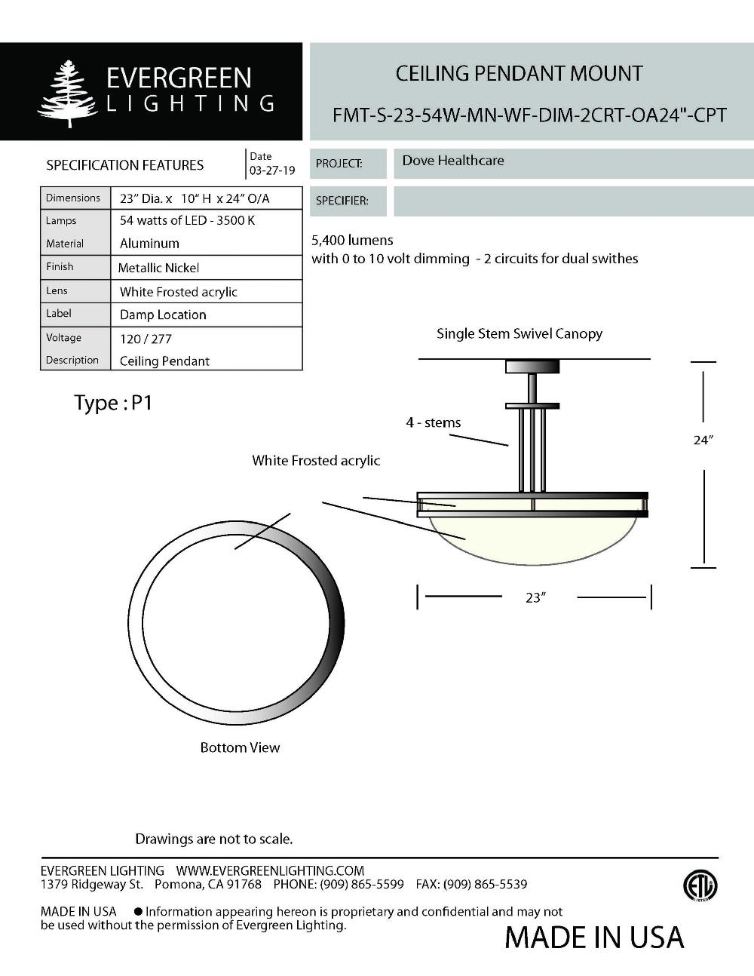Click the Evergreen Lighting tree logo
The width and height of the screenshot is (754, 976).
tap(67, 94)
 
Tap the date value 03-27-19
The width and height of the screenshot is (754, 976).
tap(272, 170)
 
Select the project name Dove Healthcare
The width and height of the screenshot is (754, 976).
tap(452, 161)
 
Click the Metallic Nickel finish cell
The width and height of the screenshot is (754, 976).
tap(159, 268)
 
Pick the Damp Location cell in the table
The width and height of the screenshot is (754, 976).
tap(163, 315)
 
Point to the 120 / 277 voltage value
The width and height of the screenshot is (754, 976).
tap(146, 339)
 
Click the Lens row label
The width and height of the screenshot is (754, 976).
tap(57, 290)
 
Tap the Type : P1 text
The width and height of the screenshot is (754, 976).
tap(113, 403)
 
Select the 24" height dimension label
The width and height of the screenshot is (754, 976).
tap(703, 440)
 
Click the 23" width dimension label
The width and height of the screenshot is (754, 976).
tap(535, 597)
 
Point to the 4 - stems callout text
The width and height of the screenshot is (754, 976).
tap(434, 422)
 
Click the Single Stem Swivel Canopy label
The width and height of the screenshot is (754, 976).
tap(520, 333)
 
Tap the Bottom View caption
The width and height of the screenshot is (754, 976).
tap(240, 747)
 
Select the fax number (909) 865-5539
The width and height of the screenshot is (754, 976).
tap(485, 884)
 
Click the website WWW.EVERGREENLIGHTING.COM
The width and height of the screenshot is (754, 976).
tap(270, 870)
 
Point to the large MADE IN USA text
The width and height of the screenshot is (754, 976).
tap(594, 938)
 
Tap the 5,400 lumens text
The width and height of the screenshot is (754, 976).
tap(352, 241)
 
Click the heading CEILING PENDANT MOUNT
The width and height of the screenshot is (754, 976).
tap(519, 74)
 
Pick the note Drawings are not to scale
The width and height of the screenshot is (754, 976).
tap(213, 839)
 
